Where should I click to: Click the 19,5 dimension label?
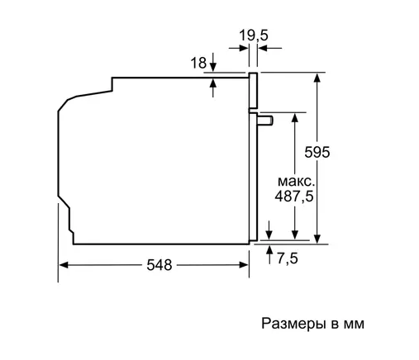coord(253,36)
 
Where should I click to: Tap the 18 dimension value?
coord(198,63)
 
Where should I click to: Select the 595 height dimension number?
coord(317,152)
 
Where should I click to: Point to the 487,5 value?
coord(294,197)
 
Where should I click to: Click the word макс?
coord(296,182)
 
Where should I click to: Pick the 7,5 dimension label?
coord(288,258)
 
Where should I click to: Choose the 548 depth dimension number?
coord(160,265)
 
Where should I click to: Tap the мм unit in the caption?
coord(354,324)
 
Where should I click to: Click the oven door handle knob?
coord(265,121)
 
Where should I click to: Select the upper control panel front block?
coord(253,91)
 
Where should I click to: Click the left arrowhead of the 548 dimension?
coord(64,265)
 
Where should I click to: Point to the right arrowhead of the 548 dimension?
coord(244,265)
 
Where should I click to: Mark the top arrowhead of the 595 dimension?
coord(317,78)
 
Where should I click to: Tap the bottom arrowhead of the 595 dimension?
coord(317,239)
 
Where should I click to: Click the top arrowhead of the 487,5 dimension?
coord(295,117)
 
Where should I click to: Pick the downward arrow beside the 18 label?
coord(212,63)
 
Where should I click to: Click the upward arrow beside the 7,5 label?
coord(269,254)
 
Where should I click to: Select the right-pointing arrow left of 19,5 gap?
coord(239,48)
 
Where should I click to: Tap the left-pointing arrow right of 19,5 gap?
coord(269,48)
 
